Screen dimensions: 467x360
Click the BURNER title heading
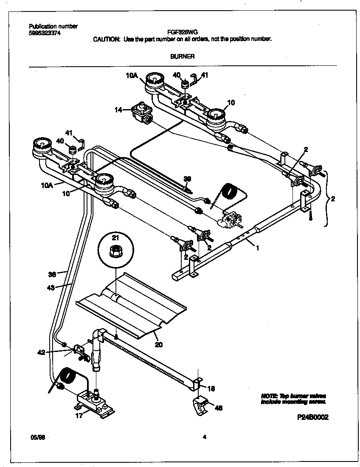(182, 56)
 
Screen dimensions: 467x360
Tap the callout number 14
(118, 110)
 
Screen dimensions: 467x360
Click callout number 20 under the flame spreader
(158, 345)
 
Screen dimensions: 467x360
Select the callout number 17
(79, 416)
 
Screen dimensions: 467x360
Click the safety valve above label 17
(94, 401)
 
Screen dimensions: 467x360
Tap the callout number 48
(218, 408)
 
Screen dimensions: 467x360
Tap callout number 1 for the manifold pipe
(257, 248)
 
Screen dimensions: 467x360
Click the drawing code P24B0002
(313, 417)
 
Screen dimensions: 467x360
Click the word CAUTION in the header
(107, 39)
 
